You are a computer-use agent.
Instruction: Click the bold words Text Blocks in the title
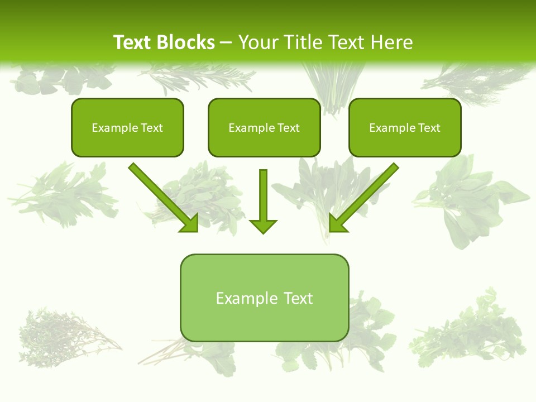pyautogui.click(x=164, y=42)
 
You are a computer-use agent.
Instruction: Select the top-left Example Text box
pyautogui.click(x=127, y=128)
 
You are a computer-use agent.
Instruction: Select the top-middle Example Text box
pyautogui.click(x=264, y=128)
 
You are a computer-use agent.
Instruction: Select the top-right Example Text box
pyautogui.click(x=405, y=128)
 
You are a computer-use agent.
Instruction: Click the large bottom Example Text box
pyautogui.click(x=264, y=298)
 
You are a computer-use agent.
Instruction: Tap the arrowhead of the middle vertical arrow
pyautogui.click(x=263, y=226)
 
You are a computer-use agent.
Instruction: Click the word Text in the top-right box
pyautogui.click(x=429, y=128)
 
